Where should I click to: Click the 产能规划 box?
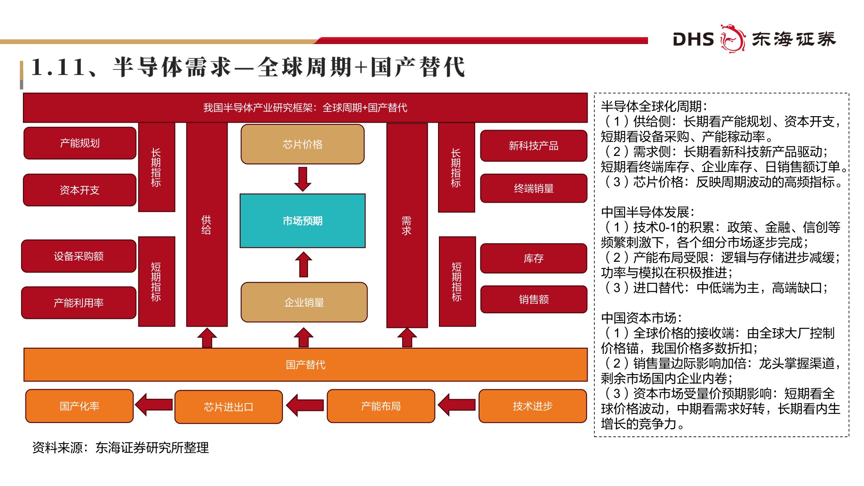(80, 143)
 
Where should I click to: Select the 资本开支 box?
(80, 190)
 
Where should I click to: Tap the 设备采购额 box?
(79, 256)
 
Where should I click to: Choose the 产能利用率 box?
(79, 303)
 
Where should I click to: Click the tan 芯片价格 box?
(302, 144)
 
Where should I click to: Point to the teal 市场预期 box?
(302, 221)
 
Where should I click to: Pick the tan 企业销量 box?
(304, 302)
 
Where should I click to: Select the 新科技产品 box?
(534, 146)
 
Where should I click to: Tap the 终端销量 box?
(534, 188)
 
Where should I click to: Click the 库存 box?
(534, 258)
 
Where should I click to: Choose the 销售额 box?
(534, 299)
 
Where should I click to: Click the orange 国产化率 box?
(79, 406)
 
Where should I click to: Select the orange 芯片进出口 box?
(229, 407)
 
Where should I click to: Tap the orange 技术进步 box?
(533, 406)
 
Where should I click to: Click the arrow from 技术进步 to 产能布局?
(457, 405)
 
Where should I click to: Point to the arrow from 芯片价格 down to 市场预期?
(303, 179)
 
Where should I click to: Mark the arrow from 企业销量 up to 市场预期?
(304, 264)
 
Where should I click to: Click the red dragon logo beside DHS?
(733, 39)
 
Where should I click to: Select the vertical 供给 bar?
(206, 225)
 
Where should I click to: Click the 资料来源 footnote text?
(121, 448)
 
